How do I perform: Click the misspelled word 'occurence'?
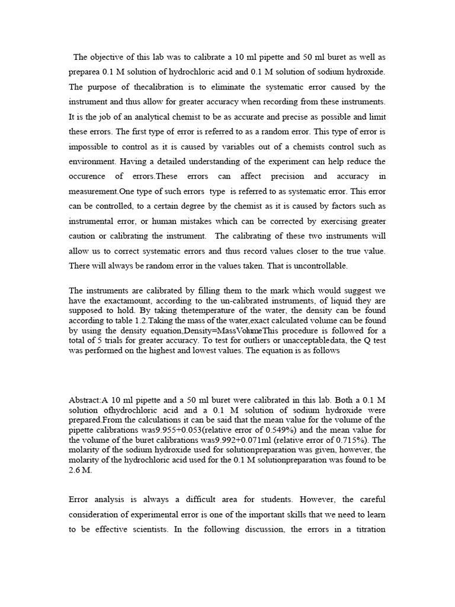click(87, 176)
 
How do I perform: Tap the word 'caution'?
click(84, 236)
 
